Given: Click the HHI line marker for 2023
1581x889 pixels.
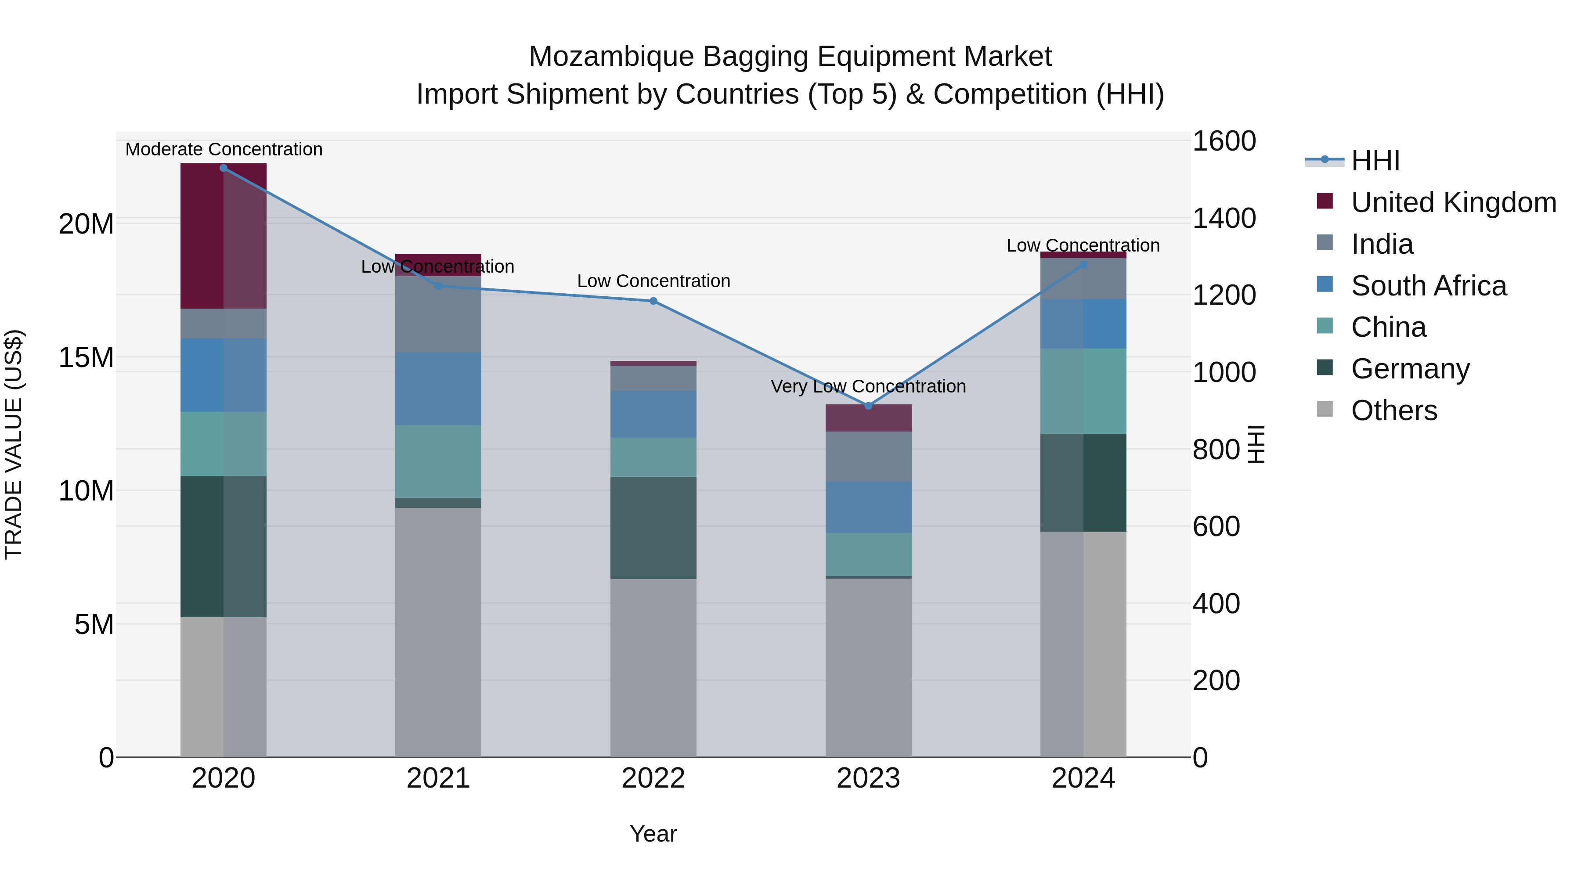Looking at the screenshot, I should point(868,406).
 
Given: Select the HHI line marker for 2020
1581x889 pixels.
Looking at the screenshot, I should point(224,168).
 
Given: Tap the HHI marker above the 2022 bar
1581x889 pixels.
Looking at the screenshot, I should point(653,301).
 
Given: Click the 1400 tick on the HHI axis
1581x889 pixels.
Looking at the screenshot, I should point(1224,219).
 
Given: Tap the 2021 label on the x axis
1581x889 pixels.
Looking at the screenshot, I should point(438,778).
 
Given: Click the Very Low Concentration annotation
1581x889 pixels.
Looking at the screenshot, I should point(868,386).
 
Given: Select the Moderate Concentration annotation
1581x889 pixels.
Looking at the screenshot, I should point(224,149).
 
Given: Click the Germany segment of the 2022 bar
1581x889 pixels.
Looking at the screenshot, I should point(653,528).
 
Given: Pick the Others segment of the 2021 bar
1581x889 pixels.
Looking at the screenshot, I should point(438,632).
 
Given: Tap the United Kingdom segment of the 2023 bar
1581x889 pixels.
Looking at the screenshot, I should point(868,418).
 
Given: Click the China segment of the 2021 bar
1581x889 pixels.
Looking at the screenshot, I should point(438,461).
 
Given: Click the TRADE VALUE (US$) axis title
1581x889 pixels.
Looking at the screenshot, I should point(14,444).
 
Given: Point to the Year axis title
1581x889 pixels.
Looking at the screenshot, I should point(653,834).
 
